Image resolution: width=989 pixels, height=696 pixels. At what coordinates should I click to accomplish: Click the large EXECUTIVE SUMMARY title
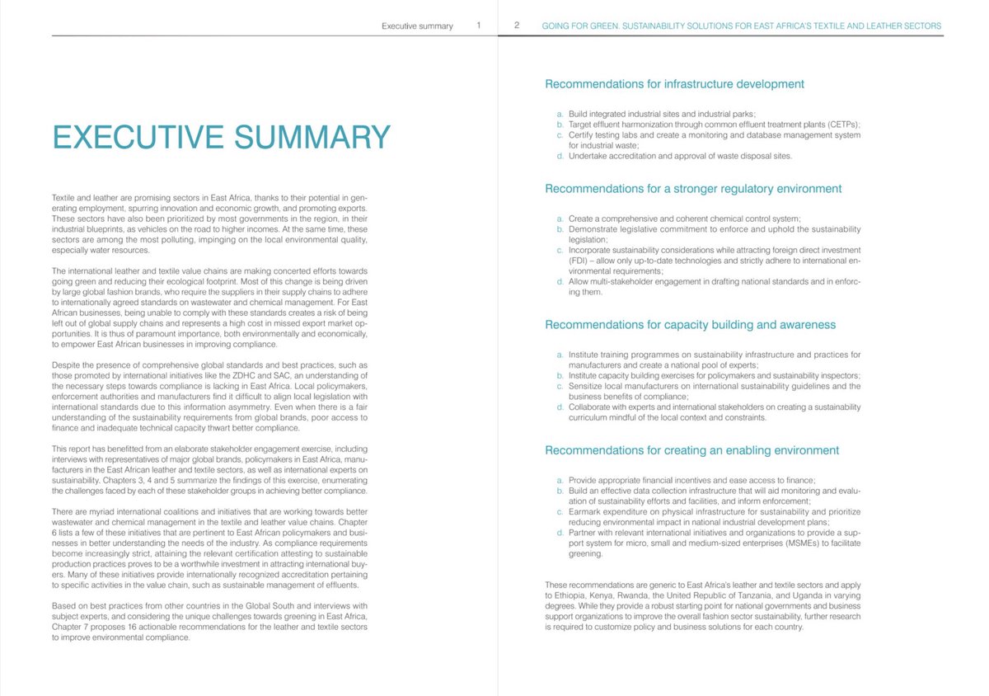tap(221, 137)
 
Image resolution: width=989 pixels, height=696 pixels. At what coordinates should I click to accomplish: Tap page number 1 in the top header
tap(479, 26)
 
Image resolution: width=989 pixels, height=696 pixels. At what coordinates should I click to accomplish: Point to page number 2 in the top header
tap(516, 26)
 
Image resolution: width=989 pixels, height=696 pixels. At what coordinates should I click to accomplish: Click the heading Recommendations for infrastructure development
tap(675, 84)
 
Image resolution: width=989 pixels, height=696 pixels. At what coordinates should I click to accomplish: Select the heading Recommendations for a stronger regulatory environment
tap(693, 189)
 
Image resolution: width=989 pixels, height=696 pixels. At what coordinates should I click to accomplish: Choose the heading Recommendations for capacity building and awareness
tap(691, 325)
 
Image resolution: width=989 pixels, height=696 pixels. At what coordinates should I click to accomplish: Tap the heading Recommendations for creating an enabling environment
tap(692, 450)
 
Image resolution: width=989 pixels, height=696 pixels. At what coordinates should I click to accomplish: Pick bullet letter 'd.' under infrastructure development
tap(560, 156)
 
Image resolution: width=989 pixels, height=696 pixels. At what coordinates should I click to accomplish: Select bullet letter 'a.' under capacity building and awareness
tap(560, 355)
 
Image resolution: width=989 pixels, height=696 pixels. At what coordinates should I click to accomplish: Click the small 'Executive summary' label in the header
tap(417, 26)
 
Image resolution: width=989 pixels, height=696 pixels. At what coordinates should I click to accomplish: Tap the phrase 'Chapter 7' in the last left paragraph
tap(69, 628)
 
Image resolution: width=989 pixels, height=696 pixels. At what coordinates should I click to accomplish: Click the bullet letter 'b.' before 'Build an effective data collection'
tap(560, 491)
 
